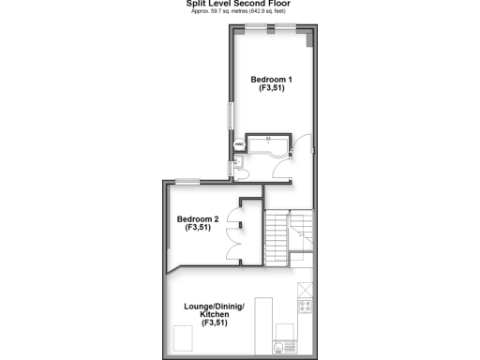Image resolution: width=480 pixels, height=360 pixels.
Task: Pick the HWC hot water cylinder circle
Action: [x=238, y=145]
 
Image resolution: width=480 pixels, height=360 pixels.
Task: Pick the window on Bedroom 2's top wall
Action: [x=187, y=182]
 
